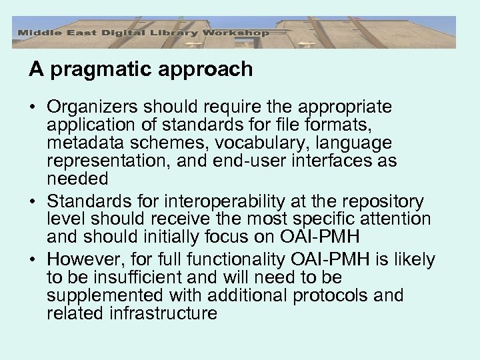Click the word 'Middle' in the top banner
(x=37, y=32)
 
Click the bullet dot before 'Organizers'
(x=33, y=107)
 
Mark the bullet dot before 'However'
(x=33, y=259)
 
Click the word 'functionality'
(x=238, y=259)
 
